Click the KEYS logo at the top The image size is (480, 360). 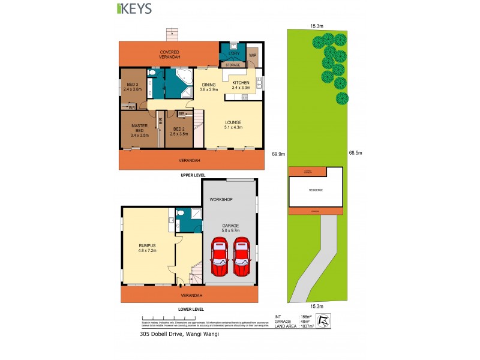click(x=133, y=8)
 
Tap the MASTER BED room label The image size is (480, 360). click(x=139, y=129)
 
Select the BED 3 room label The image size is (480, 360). click(x=131, y=86)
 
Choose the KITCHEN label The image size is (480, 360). click(x=241, y=85)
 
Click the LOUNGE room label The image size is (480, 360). click(x=233, y=124)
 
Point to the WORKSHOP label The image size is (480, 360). click(x=221, y=199)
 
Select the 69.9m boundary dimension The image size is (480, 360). click(x=277, y=154)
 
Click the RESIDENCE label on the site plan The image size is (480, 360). click(x=316, y=190)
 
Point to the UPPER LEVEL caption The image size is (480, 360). click(x=193, y=175)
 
